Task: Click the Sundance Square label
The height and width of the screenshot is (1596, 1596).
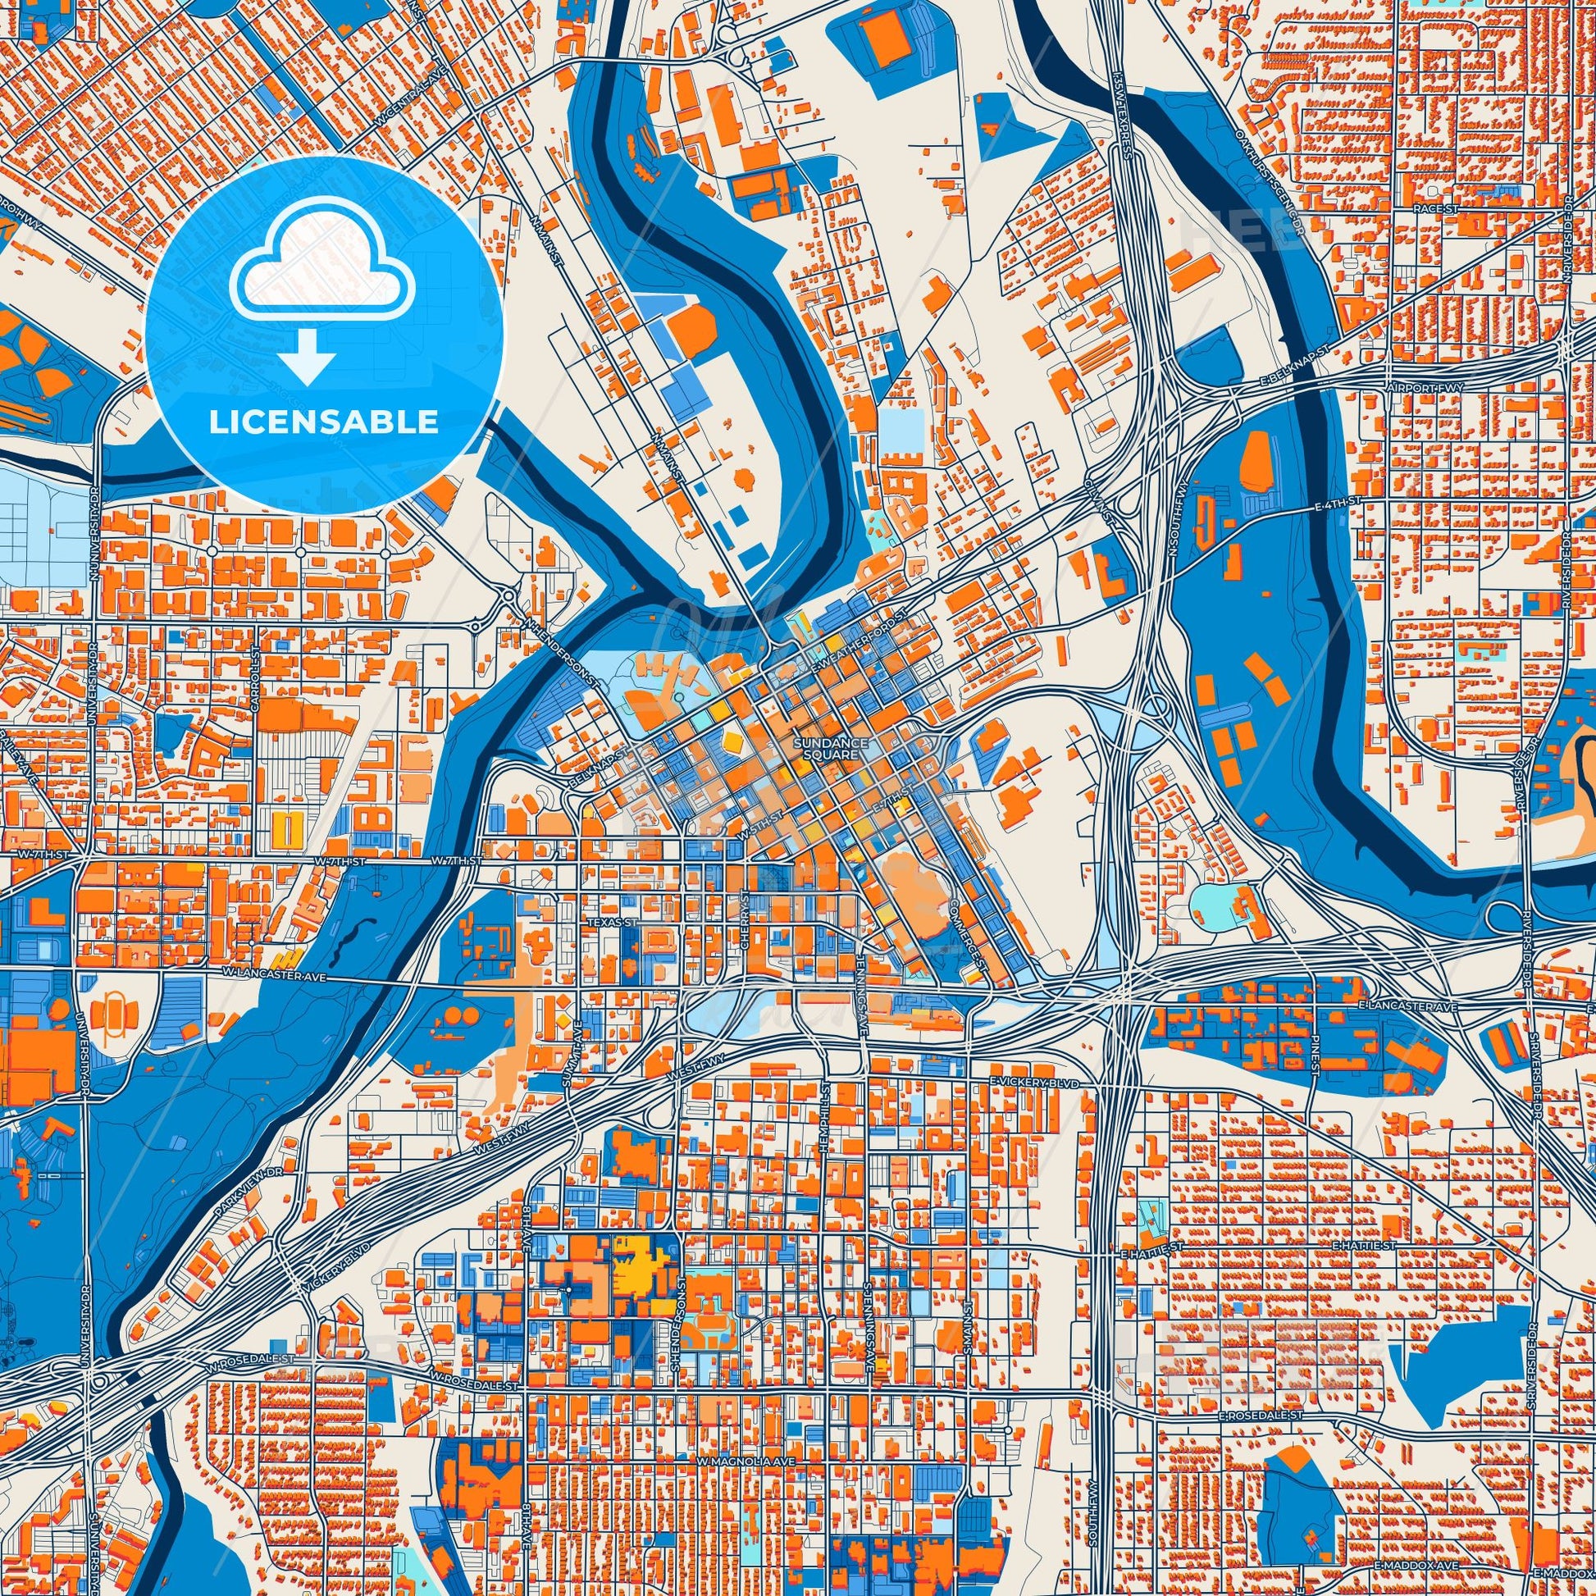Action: pos(830,749)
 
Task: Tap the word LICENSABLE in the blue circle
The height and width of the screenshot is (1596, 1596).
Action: pos(323,422)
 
